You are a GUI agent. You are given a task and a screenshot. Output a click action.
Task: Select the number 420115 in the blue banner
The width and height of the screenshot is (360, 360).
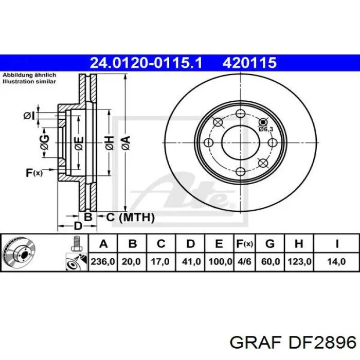250,63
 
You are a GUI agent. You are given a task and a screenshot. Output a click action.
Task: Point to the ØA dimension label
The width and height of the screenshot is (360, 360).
125,140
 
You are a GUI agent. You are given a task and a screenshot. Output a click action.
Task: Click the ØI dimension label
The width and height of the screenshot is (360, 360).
28,116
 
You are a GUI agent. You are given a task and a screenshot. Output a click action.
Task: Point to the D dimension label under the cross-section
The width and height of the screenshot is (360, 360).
78,226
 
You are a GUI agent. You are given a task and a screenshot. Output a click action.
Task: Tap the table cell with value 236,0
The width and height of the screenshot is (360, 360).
103,262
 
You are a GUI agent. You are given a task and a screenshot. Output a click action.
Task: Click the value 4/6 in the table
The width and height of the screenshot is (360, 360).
244,262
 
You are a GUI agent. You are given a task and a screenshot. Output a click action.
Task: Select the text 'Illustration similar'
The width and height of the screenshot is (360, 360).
29,81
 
